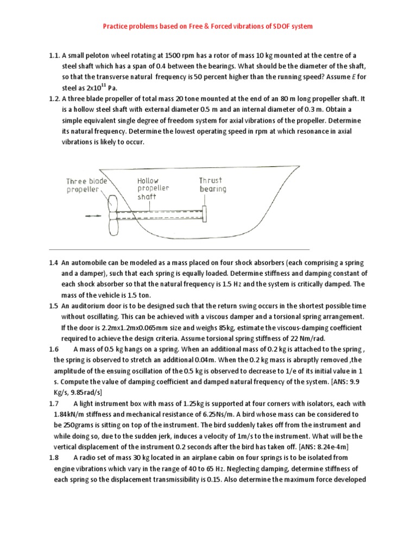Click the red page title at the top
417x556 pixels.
[x=208, y=26]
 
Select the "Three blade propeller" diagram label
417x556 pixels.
[x=87, y=185]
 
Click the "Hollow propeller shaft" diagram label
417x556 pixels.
[x=153, y=188]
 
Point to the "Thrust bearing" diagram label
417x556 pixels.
[x=213, y=185]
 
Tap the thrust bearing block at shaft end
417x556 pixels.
[x=206, y=213]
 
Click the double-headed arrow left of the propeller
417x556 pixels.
[x=93, y=216]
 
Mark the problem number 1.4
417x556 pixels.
[x=53, y=263]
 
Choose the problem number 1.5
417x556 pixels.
[x=53, y=306]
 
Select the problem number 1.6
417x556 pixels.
[x=53, y=349]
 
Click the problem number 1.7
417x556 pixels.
[x=53, y=403]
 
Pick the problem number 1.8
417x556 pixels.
[x=53, y=458]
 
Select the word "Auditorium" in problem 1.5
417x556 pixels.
[x=89, y=306]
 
